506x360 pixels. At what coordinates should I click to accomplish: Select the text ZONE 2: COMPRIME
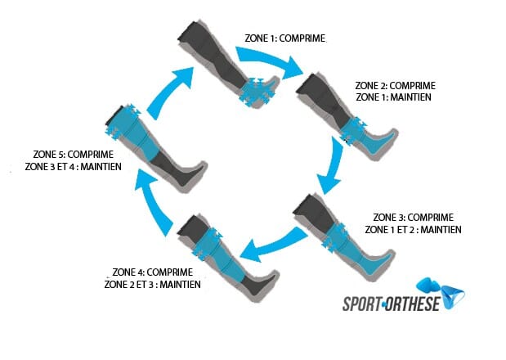396,85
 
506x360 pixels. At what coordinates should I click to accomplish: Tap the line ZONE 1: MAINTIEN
394,97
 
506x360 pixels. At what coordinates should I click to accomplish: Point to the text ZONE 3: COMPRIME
413,218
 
